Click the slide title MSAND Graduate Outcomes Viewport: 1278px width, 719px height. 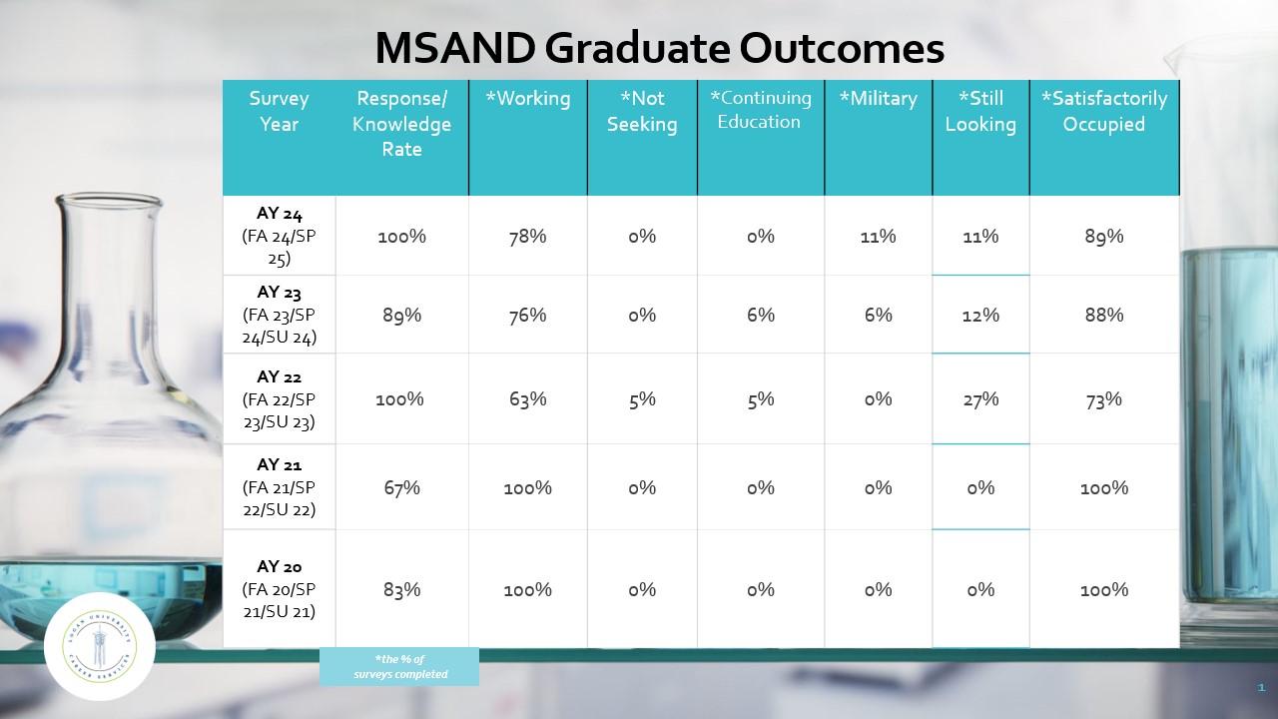click(659, 48)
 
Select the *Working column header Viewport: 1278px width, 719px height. click(527, 99)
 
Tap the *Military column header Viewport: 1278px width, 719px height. click(878, 99)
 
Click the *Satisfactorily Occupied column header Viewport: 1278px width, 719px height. click(1103, 111)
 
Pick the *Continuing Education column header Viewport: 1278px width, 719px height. click(760, 110)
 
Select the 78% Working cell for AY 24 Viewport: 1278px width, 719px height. click(527, 237)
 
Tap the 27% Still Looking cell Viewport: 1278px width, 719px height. click(980, 399)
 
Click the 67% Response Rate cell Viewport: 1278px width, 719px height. click(401, 488)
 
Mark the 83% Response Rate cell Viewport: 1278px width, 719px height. click(401, 590)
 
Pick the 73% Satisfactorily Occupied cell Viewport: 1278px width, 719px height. click(1103, 399)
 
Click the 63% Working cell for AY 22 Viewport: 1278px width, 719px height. click(527, 399)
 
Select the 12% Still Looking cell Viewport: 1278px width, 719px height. click(980, 316)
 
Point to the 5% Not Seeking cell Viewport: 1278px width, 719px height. click(642, 399)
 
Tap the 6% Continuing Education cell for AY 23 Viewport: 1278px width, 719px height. click(760, 316)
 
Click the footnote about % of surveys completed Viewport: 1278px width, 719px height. click(399, 666)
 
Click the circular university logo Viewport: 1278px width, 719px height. click(100, 646)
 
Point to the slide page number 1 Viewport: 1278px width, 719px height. click(1261, 688)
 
